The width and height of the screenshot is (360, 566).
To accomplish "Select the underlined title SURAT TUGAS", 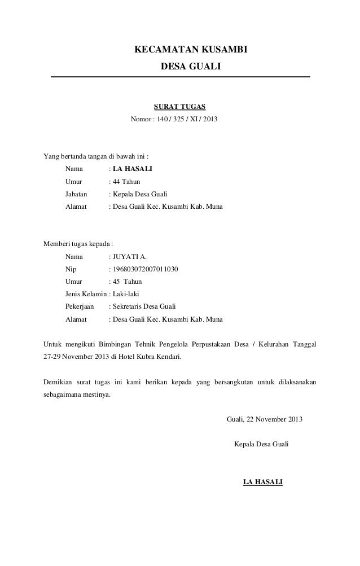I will (x=180, y=106).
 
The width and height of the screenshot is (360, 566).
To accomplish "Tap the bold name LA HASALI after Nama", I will (x=132, y=168).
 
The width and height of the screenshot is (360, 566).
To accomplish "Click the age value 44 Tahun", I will (x=126, y=181).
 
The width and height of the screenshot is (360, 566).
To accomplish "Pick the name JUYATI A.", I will (x=129, y=257).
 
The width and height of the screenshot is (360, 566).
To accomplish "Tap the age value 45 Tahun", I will (x=127, y=281).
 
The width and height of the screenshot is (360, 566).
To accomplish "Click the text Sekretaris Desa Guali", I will (x=144, y=306).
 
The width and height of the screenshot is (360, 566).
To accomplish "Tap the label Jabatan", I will (x=77, y=194).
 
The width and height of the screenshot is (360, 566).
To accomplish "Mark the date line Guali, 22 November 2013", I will (x=264, y=420).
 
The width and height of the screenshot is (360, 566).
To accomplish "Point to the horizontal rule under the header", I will (x=181, y=77).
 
